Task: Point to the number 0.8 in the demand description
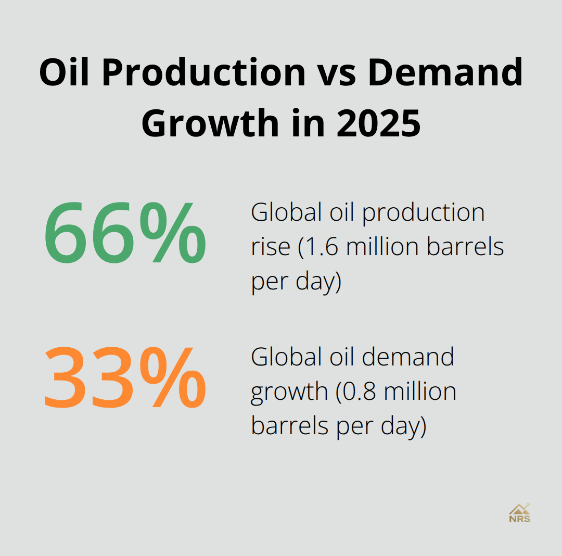click(x=359, y=391)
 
